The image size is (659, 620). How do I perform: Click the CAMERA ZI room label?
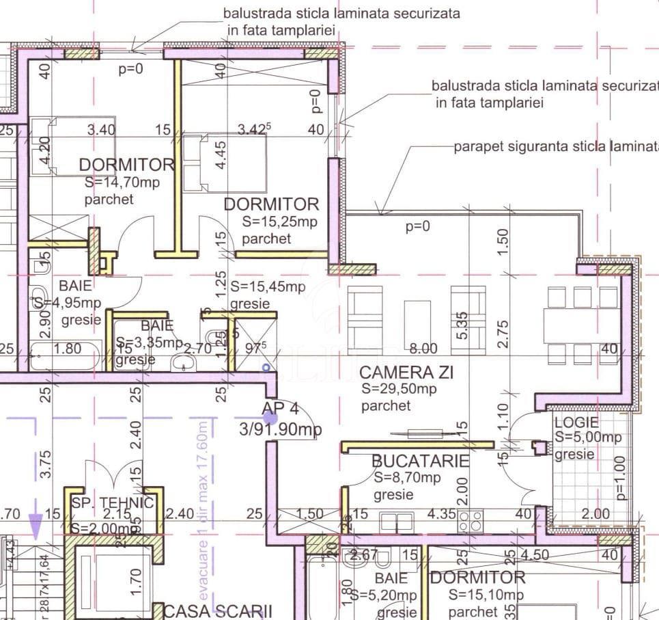[406, 373]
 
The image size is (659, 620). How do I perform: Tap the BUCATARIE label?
[420, 461]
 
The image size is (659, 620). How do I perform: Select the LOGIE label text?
[576, 422]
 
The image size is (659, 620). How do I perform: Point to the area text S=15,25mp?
[280, 221]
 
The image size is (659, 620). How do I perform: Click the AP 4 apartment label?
[280, 409]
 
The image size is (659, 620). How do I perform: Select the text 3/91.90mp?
[280, 429]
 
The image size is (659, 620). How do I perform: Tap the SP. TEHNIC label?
[112, 504]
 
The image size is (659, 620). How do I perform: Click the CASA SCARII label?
[217, 610]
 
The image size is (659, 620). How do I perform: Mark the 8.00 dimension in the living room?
[423, 349]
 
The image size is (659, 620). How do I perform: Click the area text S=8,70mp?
[407, 478]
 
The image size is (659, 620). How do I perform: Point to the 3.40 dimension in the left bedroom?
[101, 129]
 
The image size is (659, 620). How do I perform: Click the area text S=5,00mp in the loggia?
[587, 437]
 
